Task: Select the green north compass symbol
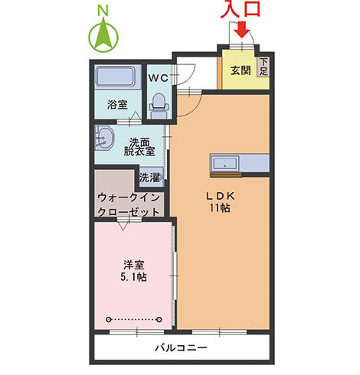tap(103, 37)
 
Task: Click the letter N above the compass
tap(104, 10)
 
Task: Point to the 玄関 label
tap(240, 70)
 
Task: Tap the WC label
tap(159, 77)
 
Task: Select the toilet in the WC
tap(159, 103)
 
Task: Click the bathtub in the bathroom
tap(116, 77)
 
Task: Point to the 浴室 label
tap(116, 103)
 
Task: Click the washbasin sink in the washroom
tap(105, 139)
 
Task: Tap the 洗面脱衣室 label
tap(139, 146)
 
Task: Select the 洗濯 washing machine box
tap(149, 178)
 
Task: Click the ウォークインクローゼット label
tap(129, 203)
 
